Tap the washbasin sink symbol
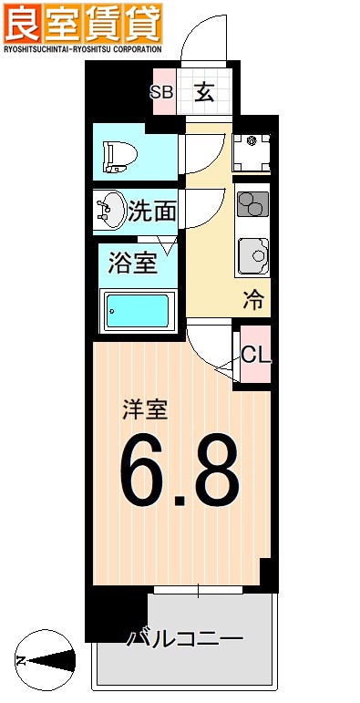pos(111,211)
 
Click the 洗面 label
pos(151,212)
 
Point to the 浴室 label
pos(133,264)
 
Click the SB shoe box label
pos(161,92)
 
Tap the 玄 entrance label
pos(204,92)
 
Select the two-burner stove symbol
pos(251,206)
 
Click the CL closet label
pos(255,356)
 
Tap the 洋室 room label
pos(145,409)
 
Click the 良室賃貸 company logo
pos(84,22)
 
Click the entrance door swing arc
pos(201,36)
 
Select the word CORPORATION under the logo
pos(130,47)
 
